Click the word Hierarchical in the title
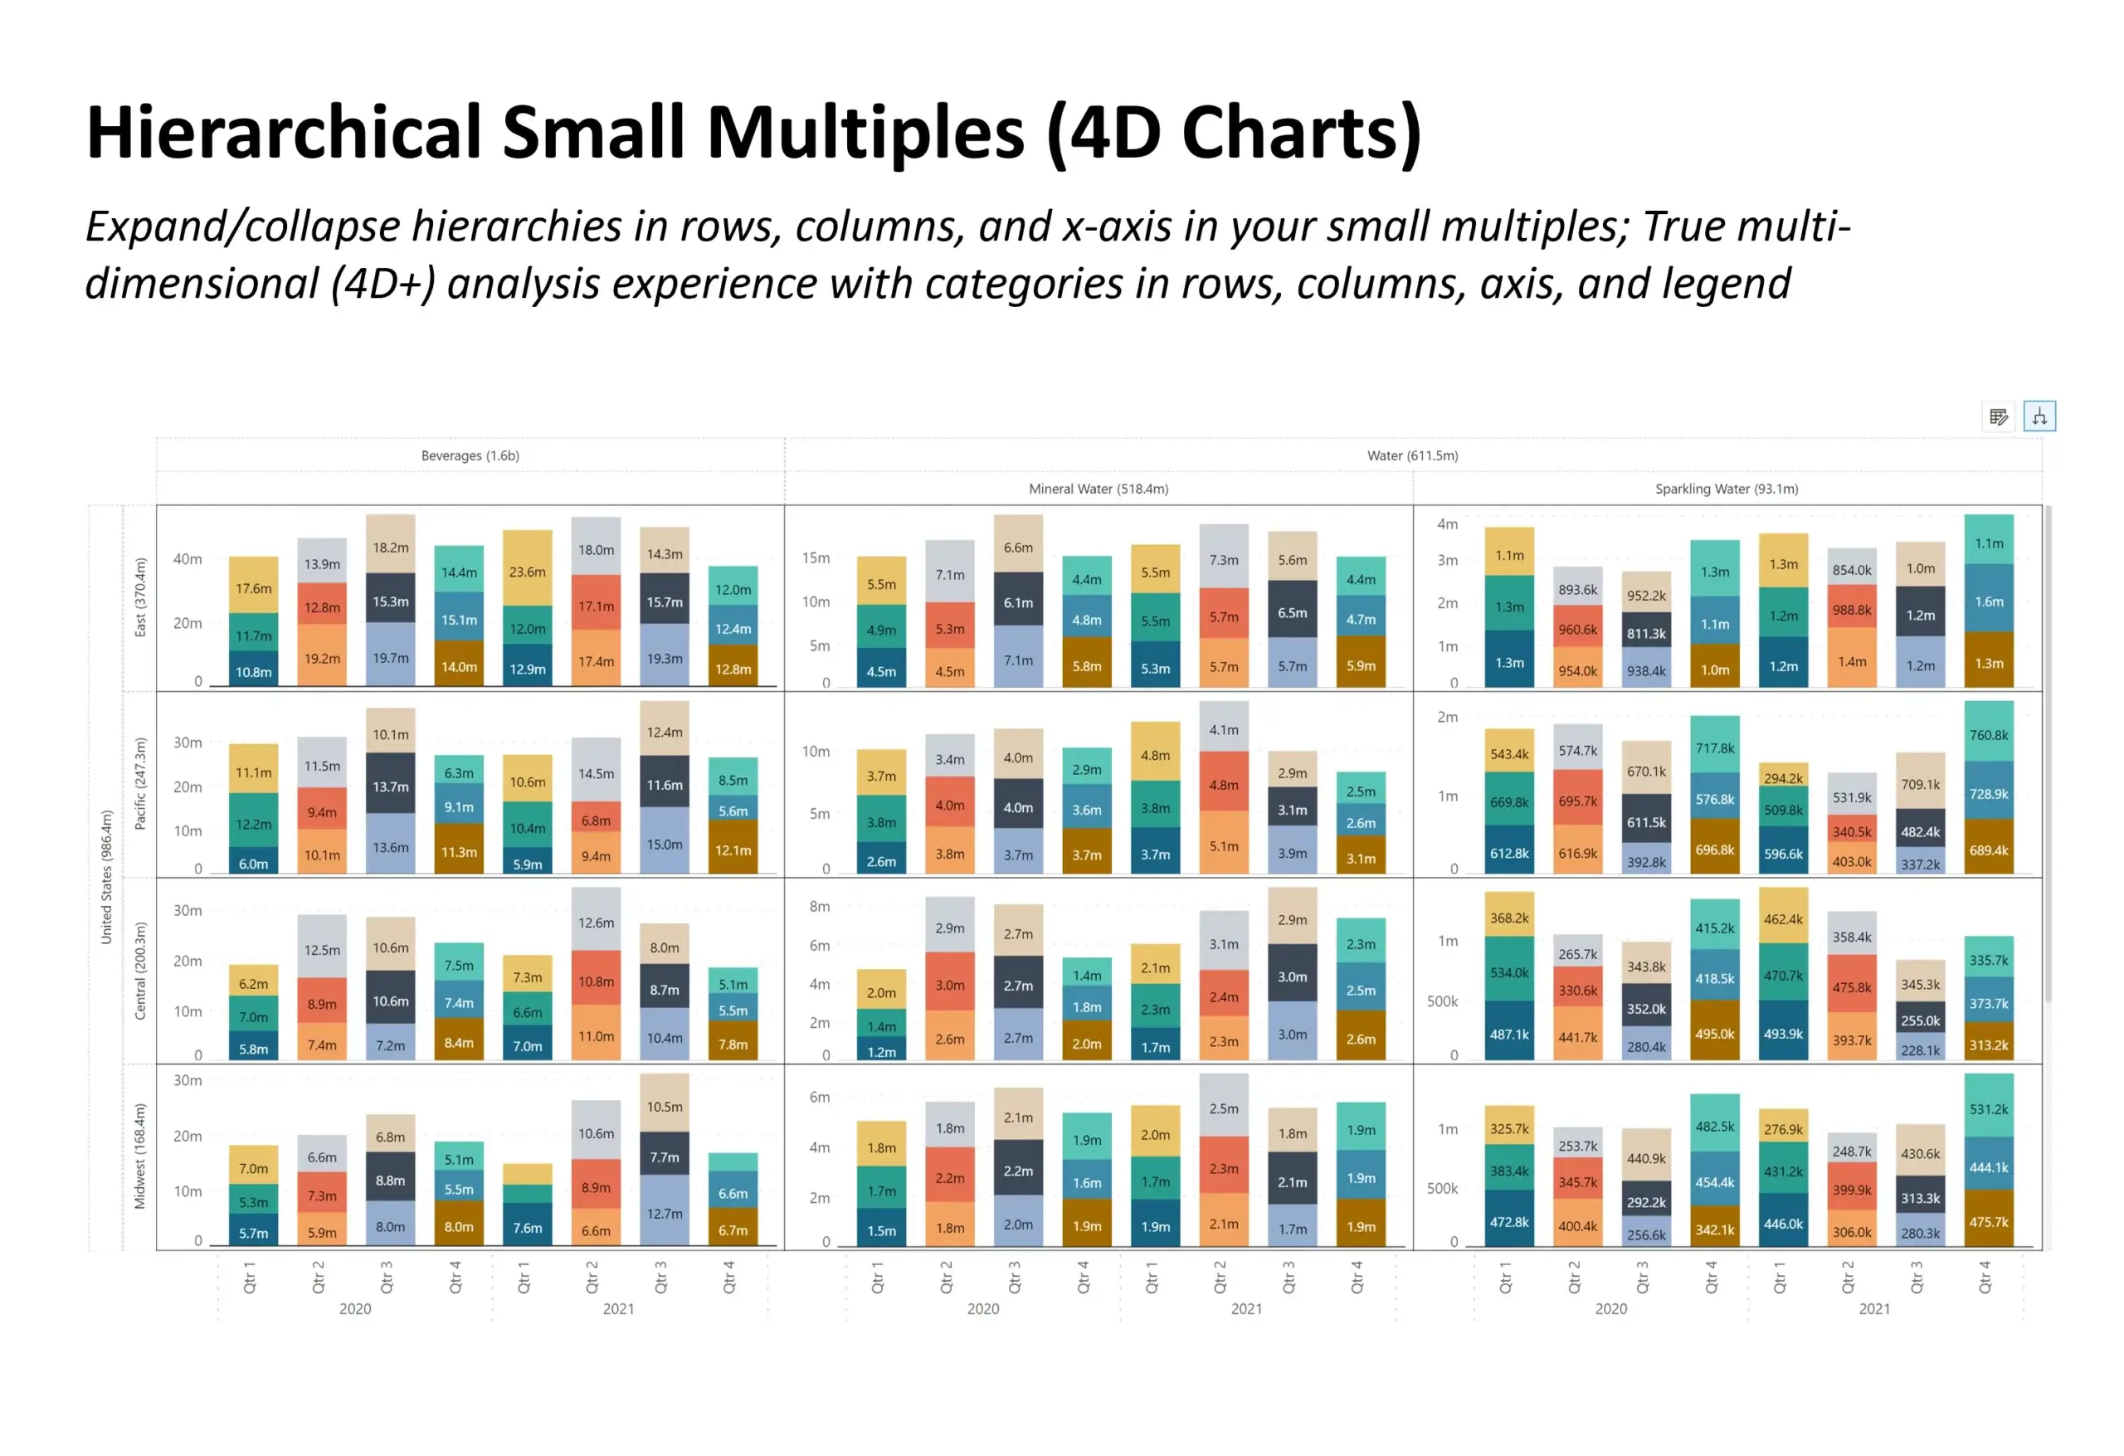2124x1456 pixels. pos(283,134)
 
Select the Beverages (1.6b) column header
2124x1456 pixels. pos(470,455)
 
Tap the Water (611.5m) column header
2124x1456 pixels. pos(1412,455)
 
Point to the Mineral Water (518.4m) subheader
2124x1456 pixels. pos(1098,489)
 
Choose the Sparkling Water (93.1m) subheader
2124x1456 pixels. pos(1726,489)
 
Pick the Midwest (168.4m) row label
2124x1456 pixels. pos(140,1156)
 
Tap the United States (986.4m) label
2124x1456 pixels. pos(106,877)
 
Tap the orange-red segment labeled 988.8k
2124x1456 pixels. pos(1851,609)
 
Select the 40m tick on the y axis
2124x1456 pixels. pos(188,558)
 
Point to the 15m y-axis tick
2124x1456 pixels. pos(816,558)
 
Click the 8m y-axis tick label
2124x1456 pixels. pos(819,906)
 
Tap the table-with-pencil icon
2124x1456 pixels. pos(1998,416)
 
